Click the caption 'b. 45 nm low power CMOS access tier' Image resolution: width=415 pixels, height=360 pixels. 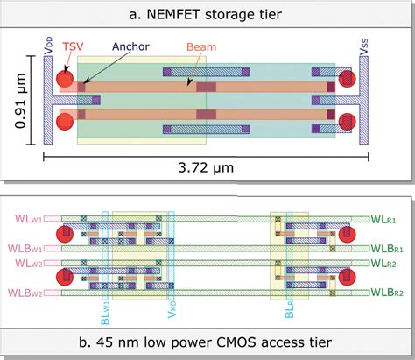[x=207, y=345]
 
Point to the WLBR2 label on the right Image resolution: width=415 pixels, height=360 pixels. [x=388, y=293]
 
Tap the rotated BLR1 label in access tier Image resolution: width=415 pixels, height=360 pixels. [x=289, y=307]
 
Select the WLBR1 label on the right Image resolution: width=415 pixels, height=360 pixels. [x=388, y=248]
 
